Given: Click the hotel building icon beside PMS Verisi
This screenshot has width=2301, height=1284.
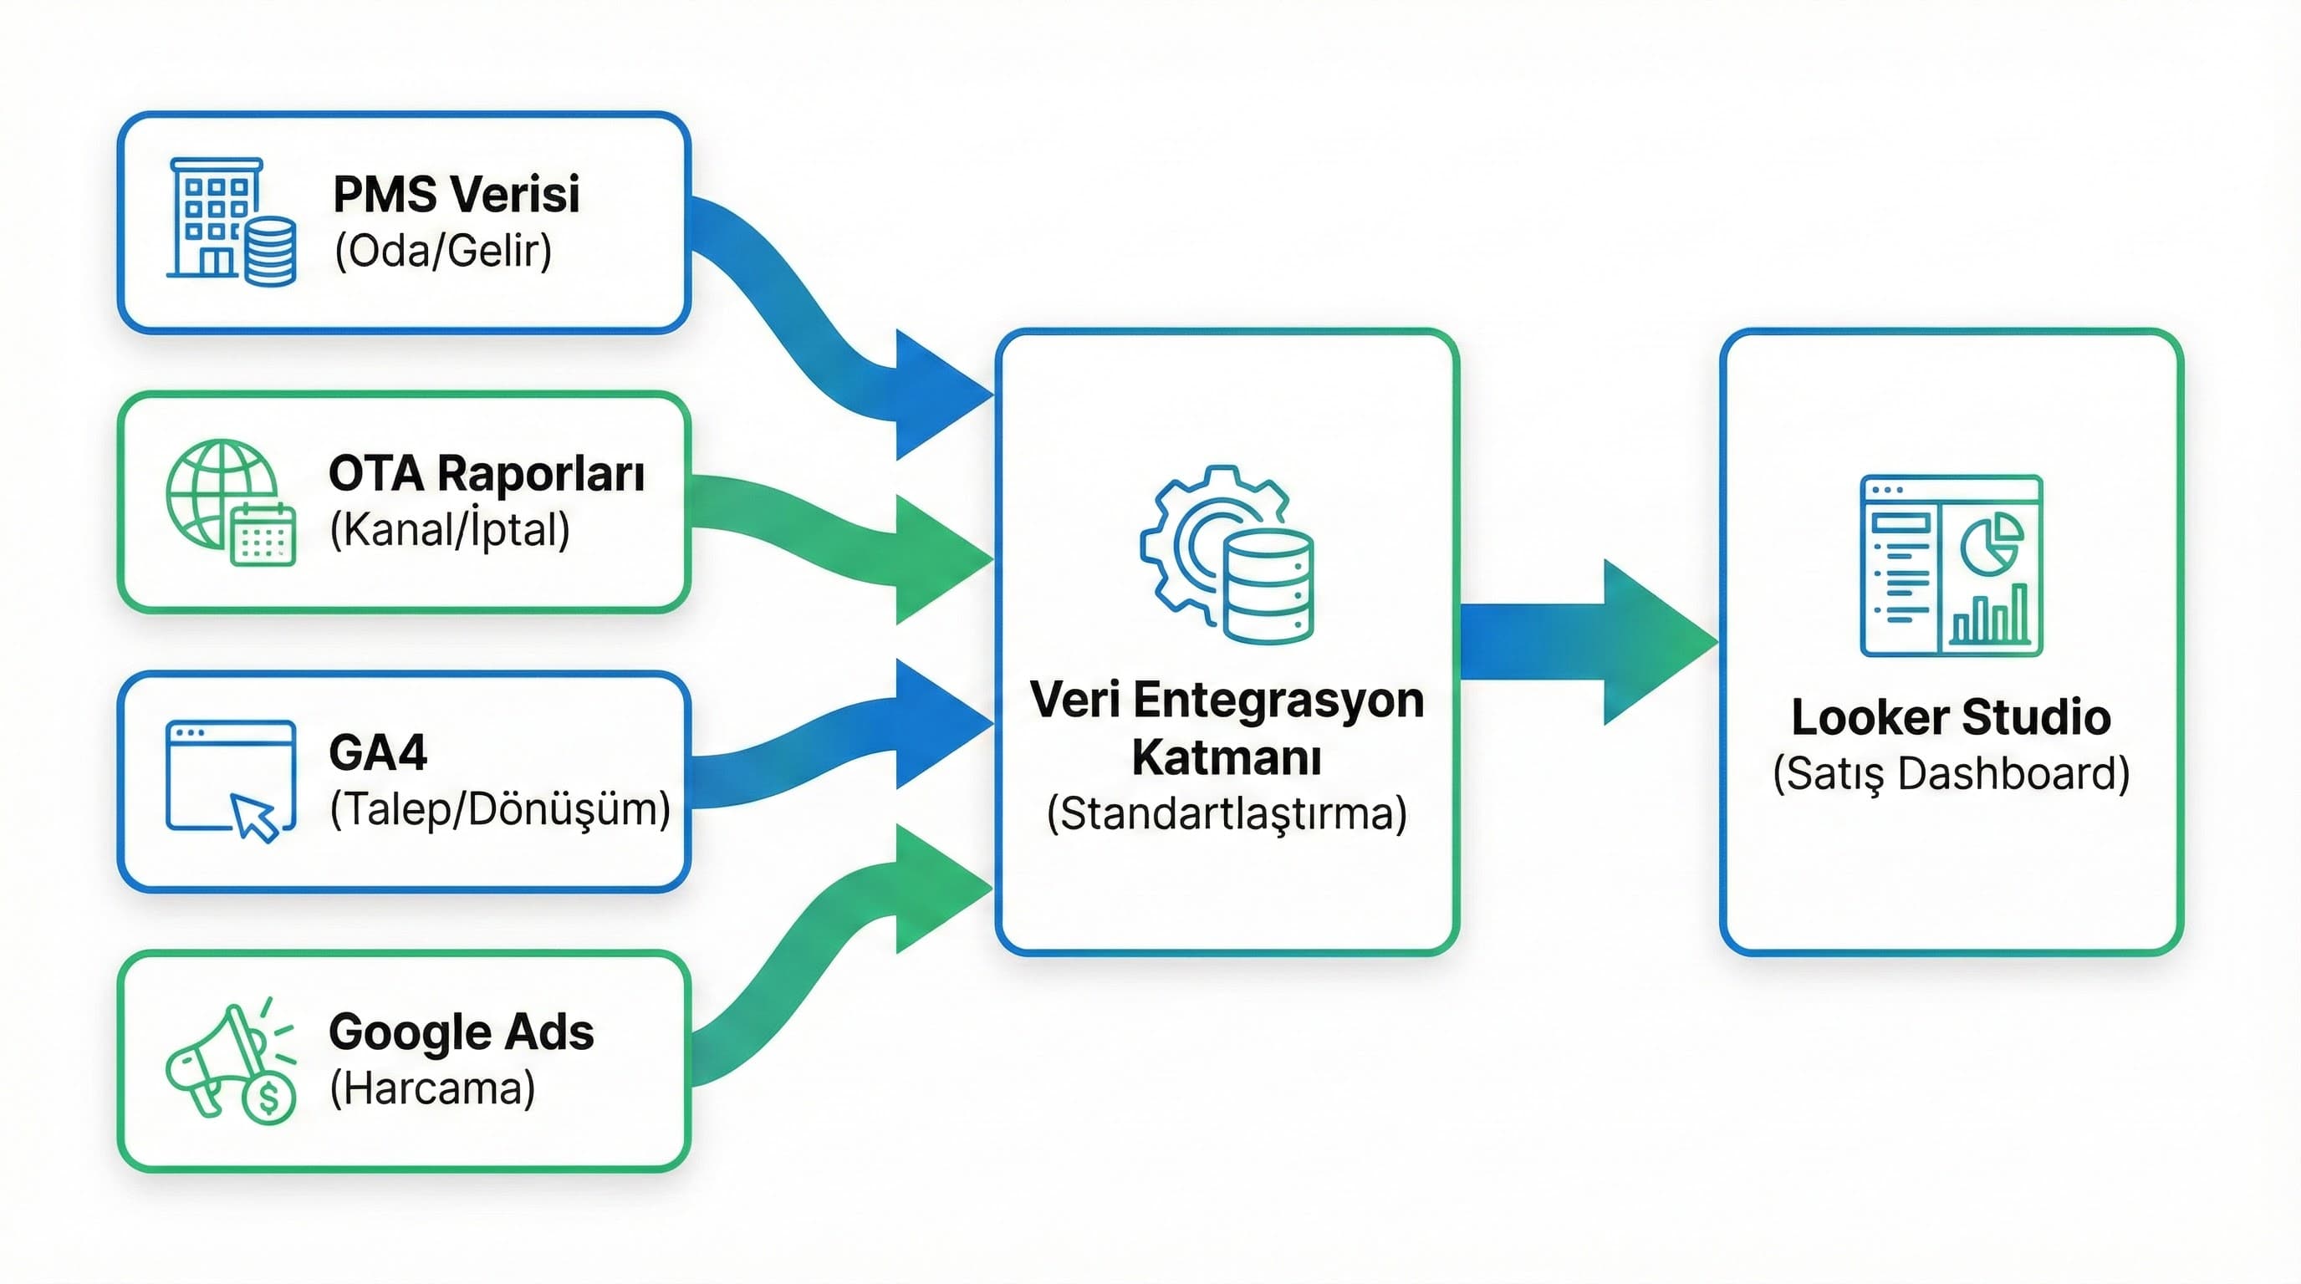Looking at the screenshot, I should coord(231,222).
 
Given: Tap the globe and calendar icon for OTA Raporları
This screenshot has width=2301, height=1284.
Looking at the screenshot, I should coord(231,501).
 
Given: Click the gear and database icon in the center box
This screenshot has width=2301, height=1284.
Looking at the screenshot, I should coord(1227,553).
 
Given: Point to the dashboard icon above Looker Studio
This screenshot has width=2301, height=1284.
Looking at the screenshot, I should coord(1951,565).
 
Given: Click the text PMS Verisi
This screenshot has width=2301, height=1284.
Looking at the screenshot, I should coord(456,194).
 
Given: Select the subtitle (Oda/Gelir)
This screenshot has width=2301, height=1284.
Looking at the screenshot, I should coord(443,251).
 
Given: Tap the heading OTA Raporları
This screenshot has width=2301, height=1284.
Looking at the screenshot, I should coord(486,473).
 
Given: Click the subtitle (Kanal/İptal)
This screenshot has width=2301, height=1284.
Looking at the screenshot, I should coord(449,529).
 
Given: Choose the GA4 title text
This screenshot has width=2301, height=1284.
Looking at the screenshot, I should coord(378,752).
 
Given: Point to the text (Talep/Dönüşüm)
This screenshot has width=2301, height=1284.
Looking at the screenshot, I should coord(499,809).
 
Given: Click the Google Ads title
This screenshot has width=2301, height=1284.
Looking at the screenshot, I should coord(461,1032).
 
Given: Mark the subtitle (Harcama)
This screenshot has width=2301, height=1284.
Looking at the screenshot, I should coord(432,1088).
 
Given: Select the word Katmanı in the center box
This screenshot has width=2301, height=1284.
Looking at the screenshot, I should coord(1227,757).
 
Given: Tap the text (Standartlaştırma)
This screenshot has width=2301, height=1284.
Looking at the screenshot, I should coord(1227,813).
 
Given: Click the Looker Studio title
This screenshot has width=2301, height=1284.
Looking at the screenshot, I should coord(1951,717).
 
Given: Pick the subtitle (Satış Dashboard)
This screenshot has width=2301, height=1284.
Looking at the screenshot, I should coord(1951,773).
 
